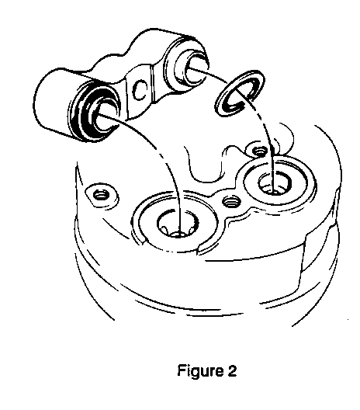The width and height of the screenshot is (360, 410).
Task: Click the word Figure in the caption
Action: coord(199,370)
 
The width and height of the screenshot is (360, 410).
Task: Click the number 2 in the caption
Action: coord(231,370)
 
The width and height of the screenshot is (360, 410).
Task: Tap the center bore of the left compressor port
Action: coord(178,224)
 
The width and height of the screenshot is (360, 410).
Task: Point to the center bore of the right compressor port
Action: coord(275,183)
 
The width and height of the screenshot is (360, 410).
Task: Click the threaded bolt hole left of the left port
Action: coord(101,195)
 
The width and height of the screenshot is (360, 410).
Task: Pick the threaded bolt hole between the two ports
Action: coord(231,201)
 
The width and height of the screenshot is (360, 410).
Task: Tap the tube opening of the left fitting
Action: coord(106,118)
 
